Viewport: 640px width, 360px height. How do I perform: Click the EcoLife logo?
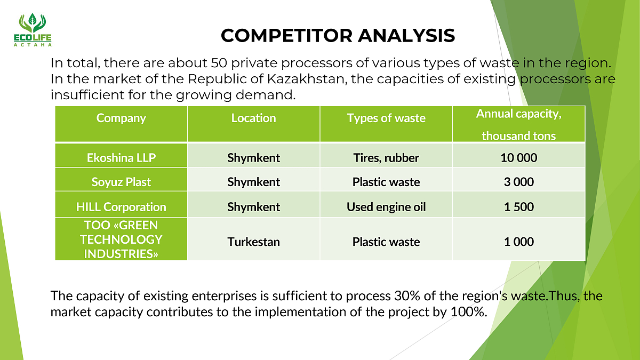pos(33,30)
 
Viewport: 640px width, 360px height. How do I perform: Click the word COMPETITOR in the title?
pos(286,36)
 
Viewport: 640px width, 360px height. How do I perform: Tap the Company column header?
pos(121,118)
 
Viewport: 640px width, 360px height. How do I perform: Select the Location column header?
pos(254,118)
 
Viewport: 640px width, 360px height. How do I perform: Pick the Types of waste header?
pos(386,118)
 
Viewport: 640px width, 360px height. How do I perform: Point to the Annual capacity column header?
pos(519,125)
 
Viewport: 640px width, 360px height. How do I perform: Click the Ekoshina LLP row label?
pos(121,158)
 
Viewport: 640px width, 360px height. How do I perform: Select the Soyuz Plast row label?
pos(121,182)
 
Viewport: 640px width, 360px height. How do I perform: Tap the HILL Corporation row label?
pos(121,207)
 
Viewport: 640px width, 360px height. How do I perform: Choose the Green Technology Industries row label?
pos(121,239)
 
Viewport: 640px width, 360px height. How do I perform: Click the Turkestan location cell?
pos(254,242)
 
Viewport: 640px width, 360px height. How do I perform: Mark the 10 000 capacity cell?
pos(519,158)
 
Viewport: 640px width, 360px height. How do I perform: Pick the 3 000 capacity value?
pos(519,182)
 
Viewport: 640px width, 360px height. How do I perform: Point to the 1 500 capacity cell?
pos(519,207)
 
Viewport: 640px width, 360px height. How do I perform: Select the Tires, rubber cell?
pos(386,158)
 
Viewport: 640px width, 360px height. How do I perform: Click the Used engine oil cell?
pos(386,207)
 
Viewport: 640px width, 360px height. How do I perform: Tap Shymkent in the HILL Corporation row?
pos(254,207)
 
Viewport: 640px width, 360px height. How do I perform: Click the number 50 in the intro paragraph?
pos(219,63)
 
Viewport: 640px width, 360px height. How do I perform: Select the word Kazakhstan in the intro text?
pos(307,79)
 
